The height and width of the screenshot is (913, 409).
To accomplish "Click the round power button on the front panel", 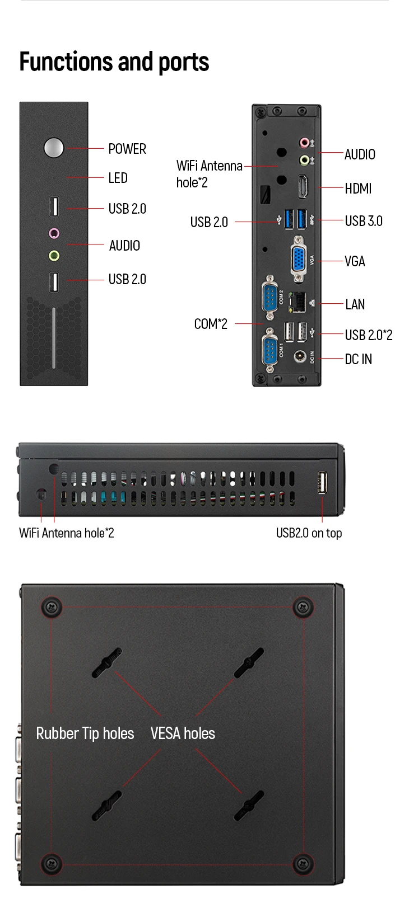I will coord(54,148).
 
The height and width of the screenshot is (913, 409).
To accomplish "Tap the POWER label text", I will coord(127,149).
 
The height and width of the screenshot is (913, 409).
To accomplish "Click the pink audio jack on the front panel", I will coord(54,233).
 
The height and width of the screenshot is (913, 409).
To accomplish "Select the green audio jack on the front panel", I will coord(54,256).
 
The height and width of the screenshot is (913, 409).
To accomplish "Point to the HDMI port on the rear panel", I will coord(303,186).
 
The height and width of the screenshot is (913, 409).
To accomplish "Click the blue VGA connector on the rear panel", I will coord(299,259).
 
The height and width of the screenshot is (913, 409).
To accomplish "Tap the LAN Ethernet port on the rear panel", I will coord(297,302).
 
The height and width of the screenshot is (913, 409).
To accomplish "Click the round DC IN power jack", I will coord(299,356).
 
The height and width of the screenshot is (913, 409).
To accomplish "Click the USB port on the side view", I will coord(323,483).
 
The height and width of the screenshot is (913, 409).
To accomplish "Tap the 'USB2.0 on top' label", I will coord(309,533).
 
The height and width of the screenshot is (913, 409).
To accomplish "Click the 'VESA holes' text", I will coord(183,733).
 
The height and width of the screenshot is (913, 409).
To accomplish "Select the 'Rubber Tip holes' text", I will coord(85,733).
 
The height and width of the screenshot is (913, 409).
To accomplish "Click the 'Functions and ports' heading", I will coord(114,62).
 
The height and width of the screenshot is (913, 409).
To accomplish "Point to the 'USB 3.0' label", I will coord(364,221).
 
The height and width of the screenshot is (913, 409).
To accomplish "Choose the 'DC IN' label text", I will coord(359,359).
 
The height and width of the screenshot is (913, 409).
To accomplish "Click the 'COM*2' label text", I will coord(211,324).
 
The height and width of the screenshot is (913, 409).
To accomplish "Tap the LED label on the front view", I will coord(118,178).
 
